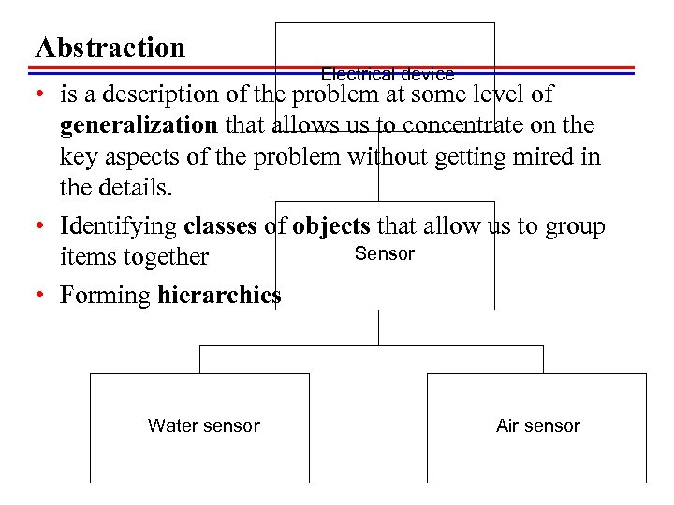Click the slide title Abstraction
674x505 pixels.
pyautogui.click(x=110, y=48)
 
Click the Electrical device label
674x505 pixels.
pyautogui.click(x=387, y=74)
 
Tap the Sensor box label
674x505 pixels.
pyautogui.click(x=384, y=253)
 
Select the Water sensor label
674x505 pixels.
pyautogui.click(x=203, y=426)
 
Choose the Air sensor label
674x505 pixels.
pyautogui.click(x=537, y=426)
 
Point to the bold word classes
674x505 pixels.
pyautogui.click(x=225, y=226)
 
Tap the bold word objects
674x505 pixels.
pyautogui.click(x=331, y=226)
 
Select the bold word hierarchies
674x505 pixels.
pyautogui.click(x=219, y=296)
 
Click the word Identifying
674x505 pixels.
pyautogui.click(x=119, y=226)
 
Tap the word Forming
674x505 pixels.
pyautogui.click(x=105, y=296)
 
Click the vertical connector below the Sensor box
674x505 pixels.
pyautogui.click(x=378, y=327)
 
